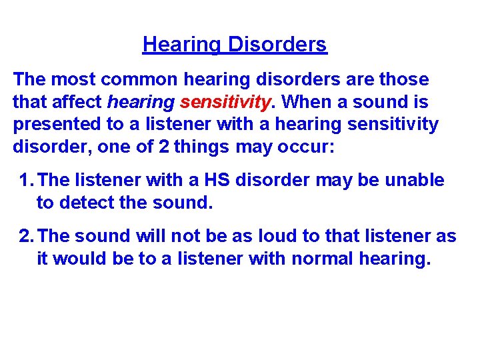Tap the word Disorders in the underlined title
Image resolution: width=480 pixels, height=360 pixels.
(x=277, y=45)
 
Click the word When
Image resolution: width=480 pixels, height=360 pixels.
(x=305, y=102)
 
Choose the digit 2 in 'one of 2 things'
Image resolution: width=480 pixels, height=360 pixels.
(x=163, y=146)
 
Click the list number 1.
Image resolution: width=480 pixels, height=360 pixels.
(x=25, y=181)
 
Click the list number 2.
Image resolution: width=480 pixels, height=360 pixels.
(x=25, y=236)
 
